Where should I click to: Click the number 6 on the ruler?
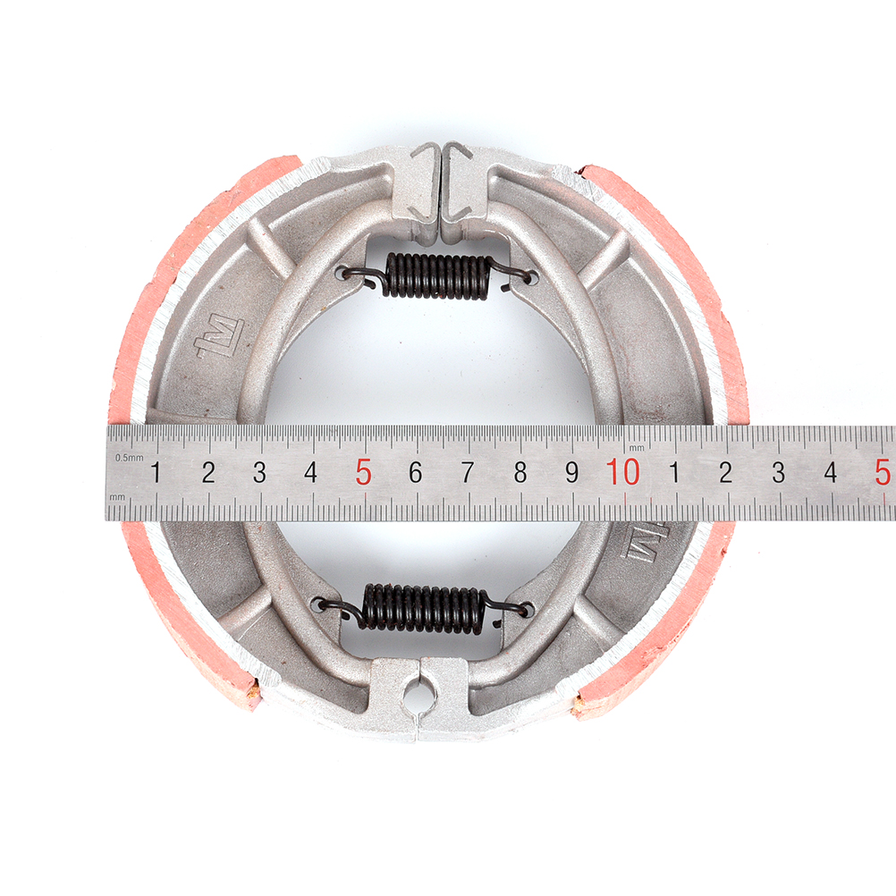pos(416,472)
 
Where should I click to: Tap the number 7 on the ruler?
pos(468,472)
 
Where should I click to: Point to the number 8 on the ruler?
pos(520,472)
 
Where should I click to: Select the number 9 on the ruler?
pos(571,472)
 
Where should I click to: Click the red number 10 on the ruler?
pos(623,472)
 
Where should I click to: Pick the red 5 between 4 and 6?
pos(363,472)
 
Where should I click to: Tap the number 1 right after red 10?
pos(674,472)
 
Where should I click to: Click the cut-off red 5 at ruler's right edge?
pos(883,472)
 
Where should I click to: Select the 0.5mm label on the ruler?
pos(129,458)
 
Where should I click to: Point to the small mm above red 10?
pos(636,448)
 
